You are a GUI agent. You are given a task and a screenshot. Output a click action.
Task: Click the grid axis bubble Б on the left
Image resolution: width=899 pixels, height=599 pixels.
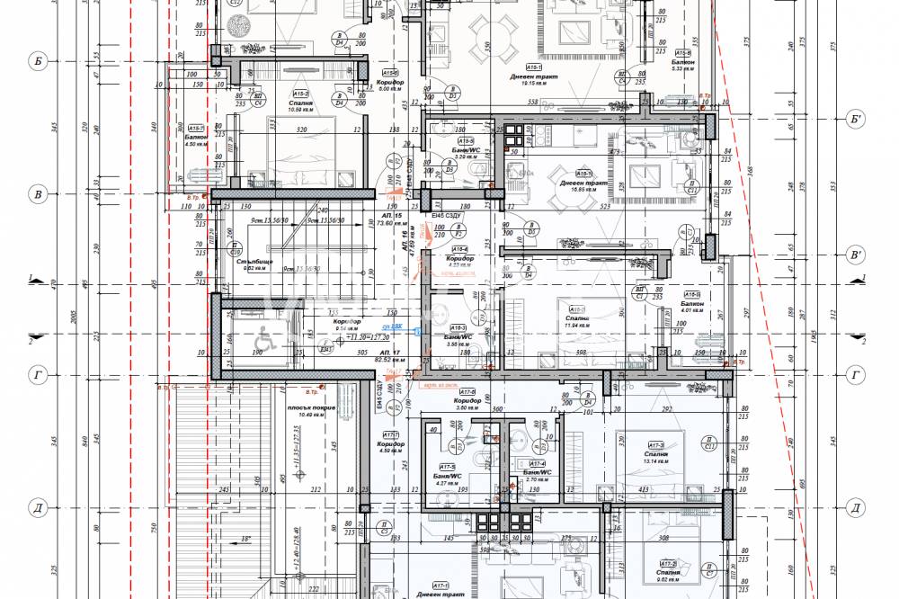(x=38, y=61)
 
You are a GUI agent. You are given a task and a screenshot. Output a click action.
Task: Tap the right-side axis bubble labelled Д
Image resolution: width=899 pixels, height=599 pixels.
(x=856, y=508)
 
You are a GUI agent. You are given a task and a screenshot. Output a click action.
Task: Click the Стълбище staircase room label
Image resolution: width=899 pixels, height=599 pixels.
(x=254, y=265)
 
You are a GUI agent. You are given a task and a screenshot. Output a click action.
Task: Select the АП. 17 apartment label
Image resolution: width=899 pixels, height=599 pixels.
(x=390, y=352)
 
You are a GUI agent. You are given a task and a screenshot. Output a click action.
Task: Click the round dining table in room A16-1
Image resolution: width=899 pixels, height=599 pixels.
(x=558, y=174)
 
